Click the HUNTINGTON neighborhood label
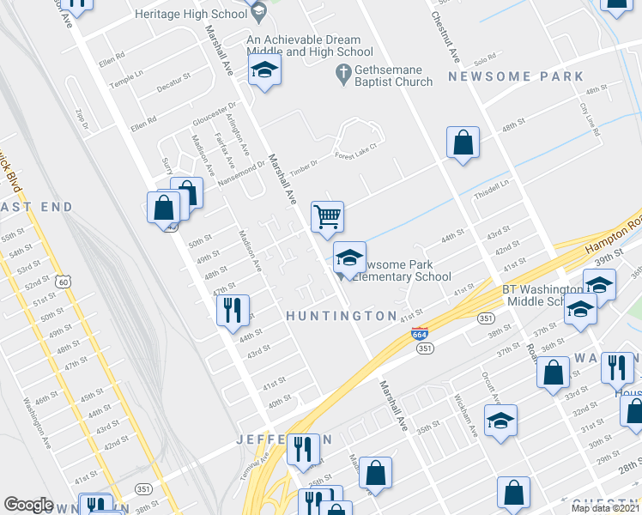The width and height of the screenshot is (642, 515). tap(342, 316)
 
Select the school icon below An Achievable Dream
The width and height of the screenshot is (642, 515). tap(265, 71)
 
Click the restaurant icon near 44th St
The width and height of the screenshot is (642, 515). tap(232, 310)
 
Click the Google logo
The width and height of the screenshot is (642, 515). tap(28, 505)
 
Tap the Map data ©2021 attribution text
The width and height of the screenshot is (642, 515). tap(605, 508)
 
